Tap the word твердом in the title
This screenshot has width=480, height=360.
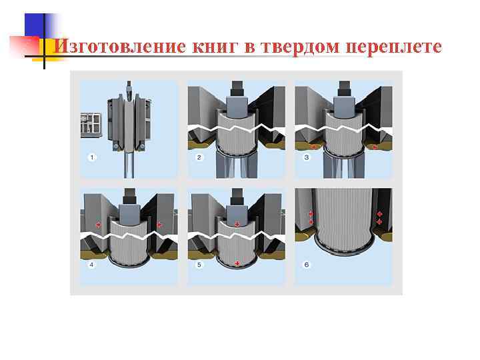[x=297, y=47]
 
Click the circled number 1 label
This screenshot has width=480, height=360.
[x=92, y=157]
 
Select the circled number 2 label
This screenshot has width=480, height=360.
[x=199, y=157]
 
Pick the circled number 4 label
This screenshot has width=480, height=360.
[x=92, y=265]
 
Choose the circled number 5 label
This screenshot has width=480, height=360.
[x=199, y=265]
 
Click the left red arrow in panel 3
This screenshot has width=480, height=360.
[x=312, y=146]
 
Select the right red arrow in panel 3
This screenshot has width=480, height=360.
[x=375, y=146]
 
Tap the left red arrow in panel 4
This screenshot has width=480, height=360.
[x=99, y=225]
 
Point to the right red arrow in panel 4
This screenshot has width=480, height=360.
[x=159, y=225]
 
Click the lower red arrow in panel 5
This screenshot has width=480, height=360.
[x=237, y=264]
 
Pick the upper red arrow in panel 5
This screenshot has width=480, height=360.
[x=237, y=225]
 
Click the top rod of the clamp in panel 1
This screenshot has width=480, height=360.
[x=128, y=87]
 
